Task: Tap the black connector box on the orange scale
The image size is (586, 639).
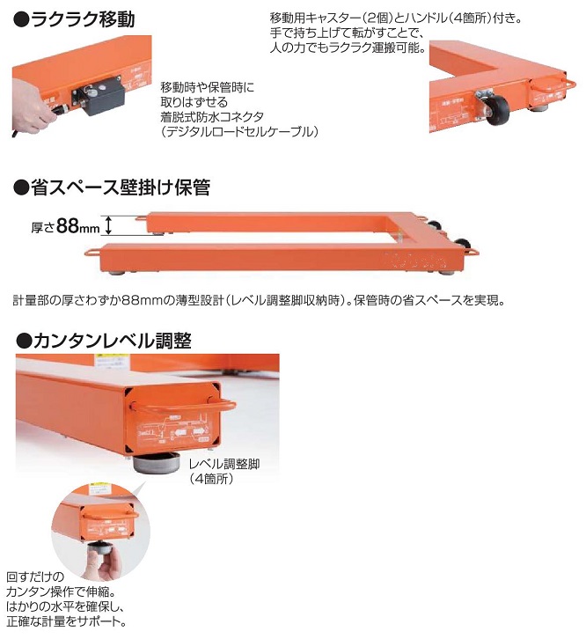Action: click(99, 95)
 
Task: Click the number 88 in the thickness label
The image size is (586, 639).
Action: click(68, 225)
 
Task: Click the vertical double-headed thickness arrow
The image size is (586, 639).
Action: click(108, 225)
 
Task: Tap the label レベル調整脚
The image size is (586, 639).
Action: click(224, 464)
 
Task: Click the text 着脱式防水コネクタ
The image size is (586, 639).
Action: click(212, 117)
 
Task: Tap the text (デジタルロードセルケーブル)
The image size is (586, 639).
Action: click(239, 132)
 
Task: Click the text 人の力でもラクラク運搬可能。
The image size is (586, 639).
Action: click(348, 48)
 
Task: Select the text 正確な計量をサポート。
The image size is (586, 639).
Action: click(66, 621)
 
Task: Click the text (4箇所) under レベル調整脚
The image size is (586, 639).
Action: click(212, 479)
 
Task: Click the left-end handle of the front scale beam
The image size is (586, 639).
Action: click(93, 253)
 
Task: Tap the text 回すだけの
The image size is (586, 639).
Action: click(35, 577)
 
